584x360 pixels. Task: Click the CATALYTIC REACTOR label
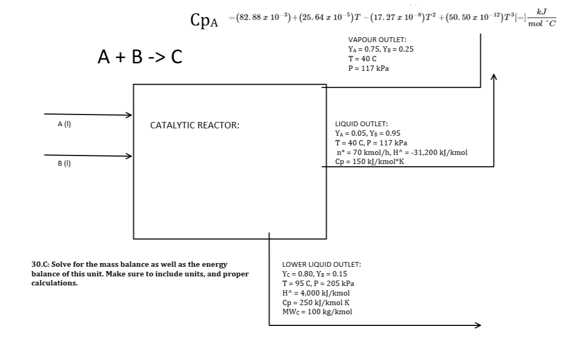[194, 126]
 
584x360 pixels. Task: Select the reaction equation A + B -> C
[140, 56]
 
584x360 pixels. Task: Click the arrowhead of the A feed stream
[128, 114]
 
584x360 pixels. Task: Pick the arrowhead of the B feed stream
[128, 156]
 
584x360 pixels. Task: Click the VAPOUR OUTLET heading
[377, 40]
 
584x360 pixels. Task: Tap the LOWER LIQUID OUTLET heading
[321, 264]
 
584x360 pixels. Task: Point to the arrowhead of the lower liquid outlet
[478, 325]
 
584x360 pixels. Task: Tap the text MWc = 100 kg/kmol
[317, 312]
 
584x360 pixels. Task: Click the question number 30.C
[41, 264]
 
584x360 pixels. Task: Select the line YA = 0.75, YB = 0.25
[380, 49]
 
